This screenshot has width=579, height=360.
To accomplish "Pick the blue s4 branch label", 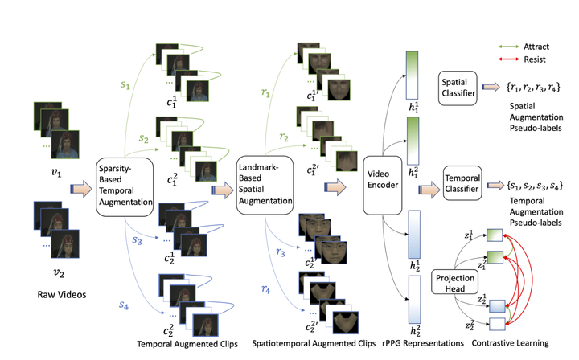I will (x=124, y=305).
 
